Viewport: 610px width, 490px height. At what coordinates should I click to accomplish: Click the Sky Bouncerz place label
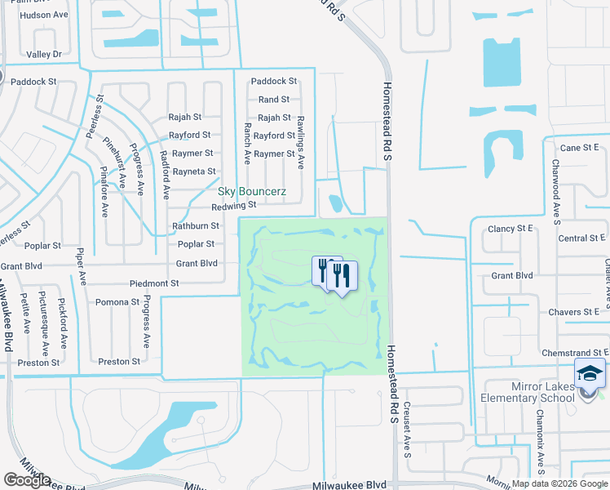252,191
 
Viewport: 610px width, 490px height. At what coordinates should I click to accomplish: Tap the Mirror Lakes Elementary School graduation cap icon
590,374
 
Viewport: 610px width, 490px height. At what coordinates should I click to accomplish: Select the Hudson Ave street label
44,15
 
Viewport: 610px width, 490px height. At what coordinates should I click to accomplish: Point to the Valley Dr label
44,54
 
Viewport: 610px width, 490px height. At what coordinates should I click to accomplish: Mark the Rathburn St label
195,225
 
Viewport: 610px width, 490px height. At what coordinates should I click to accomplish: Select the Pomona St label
117,302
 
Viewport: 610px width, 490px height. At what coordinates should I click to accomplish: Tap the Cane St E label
579,147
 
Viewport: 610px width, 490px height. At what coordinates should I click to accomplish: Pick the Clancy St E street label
509,229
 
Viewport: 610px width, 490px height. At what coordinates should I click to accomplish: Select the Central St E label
581,238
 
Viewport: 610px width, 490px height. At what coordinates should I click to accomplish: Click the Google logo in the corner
27,479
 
